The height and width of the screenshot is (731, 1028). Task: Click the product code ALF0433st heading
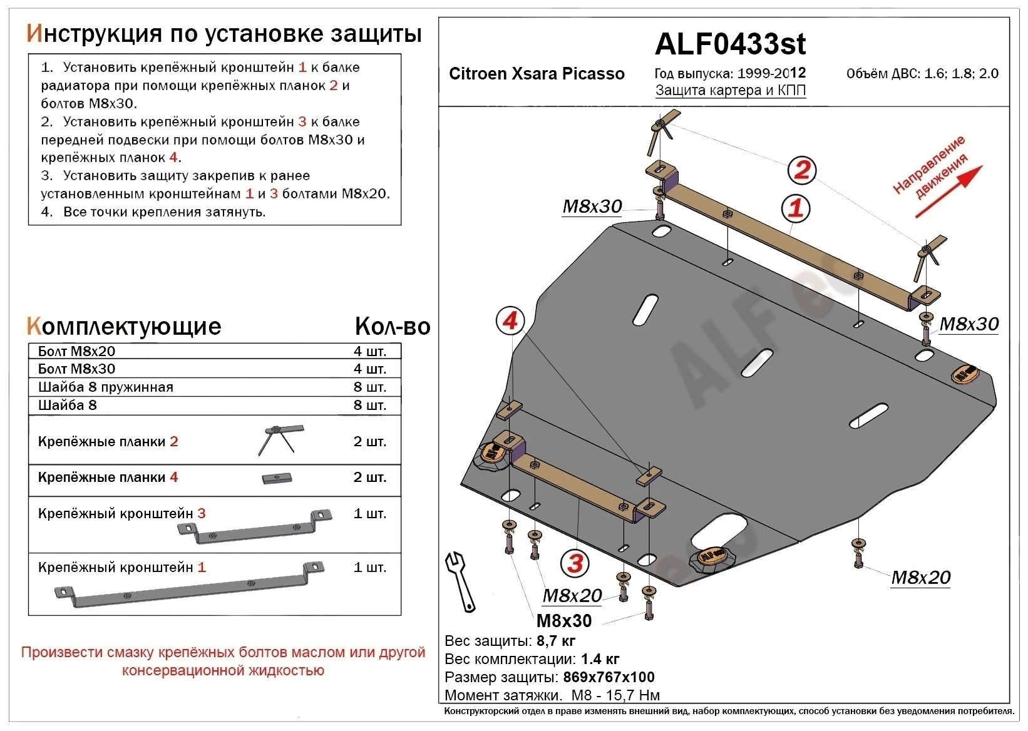(730, 44)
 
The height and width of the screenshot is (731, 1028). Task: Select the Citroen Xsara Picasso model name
(537, 74)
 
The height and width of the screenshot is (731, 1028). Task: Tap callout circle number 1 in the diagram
(796, 208)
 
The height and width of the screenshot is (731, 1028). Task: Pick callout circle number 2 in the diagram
(802, 170)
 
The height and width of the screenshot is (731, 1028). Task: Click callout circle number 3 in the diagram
(575, 563)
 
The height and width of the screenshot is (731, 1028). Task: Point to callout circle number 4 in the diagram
(510, 321)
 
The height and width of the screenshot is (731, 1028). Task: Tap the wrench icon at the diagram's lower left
(461, 581)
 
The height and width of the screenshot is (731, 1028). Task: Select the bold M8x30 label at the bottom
(563, 621)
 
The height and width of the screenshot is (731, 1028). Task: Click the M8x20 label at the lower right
(920, 578)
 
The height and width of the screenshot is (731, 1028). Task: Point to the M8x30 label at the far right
(969, 324)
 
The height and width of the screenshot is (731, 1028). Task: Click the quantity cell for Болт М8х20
(369, 351)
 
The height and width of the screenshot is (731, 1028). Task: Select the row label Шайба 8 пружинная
(105, 387)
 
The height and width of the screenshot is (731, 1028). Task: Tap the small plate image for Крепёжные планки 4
(277, 478)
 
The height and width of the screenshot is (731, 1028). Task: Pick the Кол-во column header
(393, 326)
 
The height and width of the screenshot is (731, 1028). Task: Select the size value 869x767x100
(609, 677)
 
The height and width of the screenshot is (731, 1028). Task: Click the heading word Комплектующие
(124, 326)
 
